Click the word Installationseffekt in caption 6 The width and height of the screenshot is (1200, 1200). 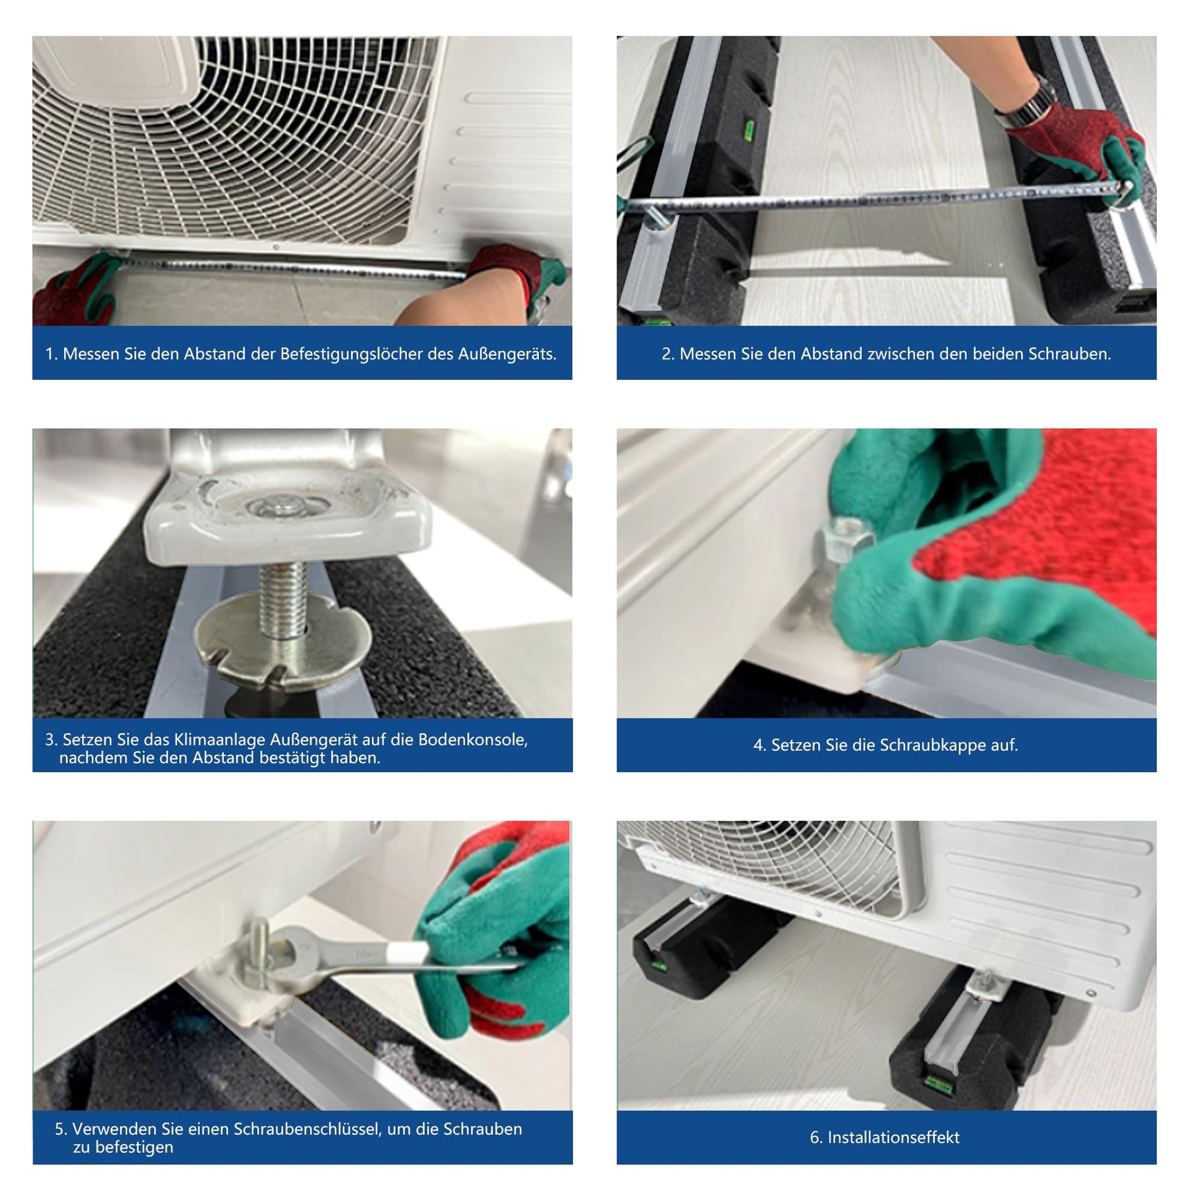coord(893,1137)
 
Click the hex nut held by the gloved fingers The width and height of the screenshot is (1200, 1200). coord(846,538)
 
